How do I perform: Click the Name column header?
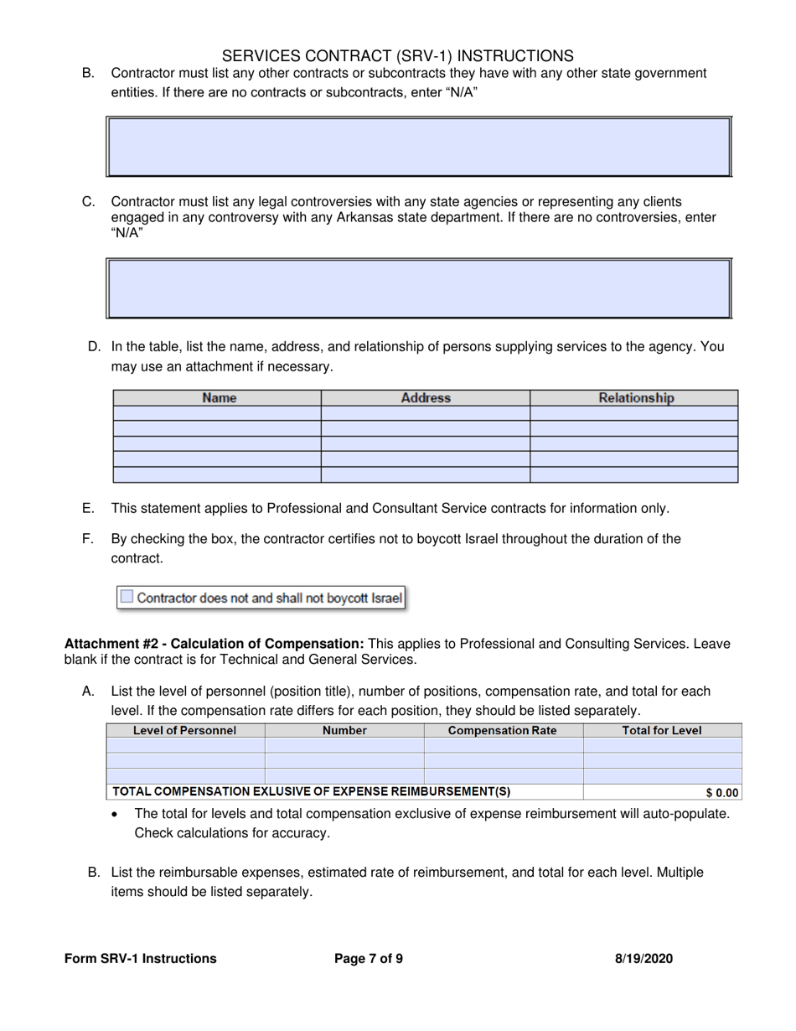[x=218, y=398]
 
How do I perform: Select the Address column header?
[x=426, y=398]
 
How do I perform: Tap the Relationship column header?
[x=635, y=398]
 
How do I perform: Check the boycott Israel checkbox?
[x=126, y=597]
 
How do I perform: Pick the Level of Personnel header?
[x=185, y=730]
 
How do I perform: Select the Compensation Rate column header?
[x=503, y=730]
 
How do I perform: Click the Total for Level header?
[x=662, y=730]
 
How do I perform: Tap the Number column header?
[x=344, y=730]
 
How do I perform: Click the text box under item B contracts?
[x=419, y=147]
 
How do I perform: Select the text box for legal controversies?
[x=419, y=288]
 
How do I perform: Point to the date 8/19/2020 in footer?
[x=644, y=959]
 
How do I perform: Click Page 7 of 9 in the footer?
[x=369, y=959]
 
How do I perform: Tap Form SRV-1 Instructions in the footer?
[x=140, y=959]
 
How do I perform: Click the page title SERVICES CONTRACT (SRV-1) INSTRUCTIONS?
[x=398, y=56]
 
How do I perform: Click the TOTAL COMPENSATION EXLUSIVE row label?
[x=312, y=791]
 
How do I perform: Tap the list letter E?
[x=87, y=508]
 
